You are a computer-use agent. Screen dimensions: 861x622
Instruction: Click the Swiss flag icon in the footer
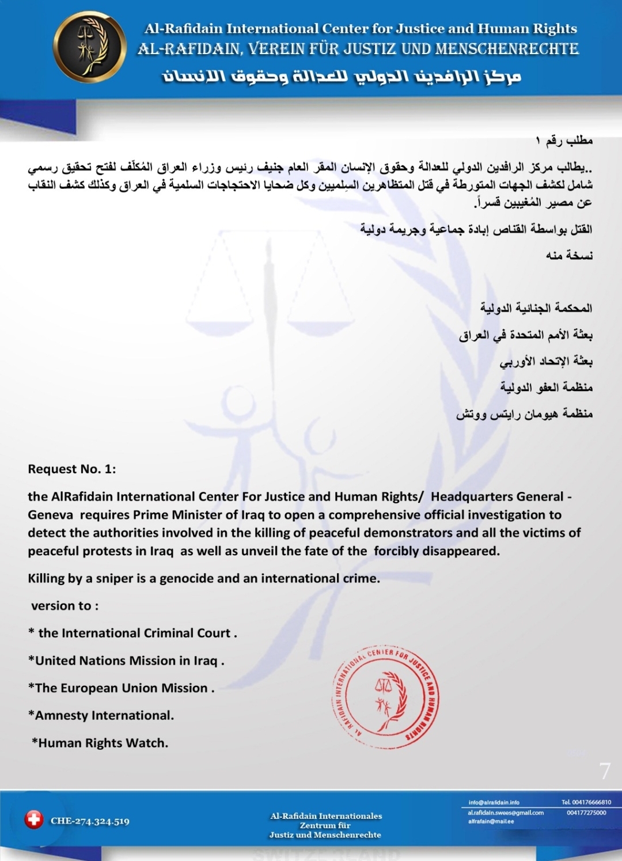click(34, 819)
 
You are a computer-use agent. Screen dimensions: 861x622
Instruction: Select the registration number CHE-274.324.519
click(90, 821)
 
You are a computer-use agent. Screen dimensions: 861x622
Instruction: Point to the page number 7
click(604, 771)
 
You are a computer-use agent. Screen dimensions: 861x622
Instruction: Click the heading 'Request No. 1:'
click(72, 469)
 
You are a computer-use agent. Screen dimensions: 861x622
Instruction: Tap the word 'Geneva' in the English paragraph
click(50, 515)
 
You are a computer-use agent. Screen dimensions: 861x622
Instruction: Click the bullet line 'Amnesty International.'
click(101, 715)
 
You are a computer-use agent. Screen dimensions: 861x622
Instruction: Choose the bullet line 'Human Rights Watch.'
click(101, 743)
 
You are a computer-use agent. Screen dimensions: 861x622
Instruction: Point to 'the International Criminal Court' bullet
click(133, 633)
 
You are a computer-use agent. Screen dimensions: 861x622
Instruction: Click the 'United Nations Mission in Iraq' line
click(126, 661)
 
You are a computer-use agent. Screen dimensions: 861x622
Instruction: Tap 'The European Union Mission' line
click(122, 688)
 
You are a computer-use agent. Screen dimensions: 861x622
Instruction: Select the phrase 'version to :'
click(65, 606)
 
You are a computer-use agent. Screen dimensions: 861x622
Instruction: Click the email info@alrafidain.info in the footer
click(494, 802)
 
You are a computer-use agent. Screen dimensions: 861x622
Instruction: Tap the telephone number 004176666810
click(586, 802)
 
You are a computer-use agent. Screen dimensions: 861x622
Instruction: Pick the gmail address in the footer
click(506, 813)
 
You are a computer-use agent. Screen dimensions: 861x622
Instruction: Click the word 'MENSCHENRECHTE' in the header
click(507, 49)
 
